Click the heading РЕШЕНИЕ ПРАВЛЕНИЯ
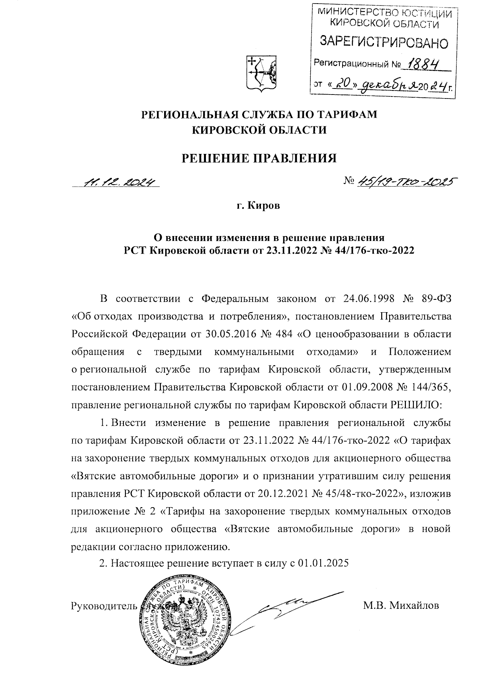tap(259, 158)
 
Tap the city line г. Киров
tap(259, 206)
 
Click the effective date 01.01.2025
tap(323, 563)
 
